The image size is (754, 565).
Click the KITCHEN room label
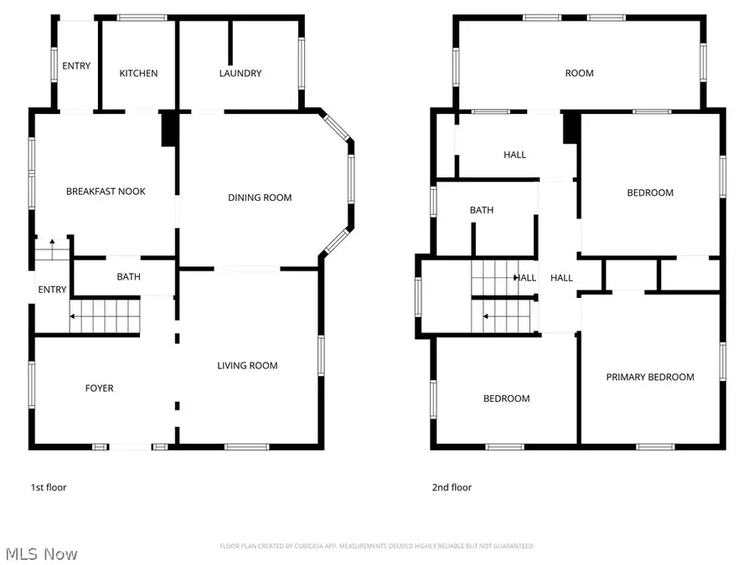click(x=138, y=74)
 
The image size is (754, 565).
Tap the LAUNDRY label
click(x=240, y=74)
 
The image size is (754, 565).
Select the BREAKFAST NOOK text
click(x=106, y=192)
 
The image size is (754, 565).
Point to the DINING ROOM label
click(x=260, y=198)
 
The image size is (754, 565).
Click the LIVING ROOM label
click(x=247, y=366)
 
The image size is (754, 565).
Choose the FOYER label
click(x=99, y=388)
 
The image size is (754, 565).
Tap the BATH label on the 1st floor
click(x=129, y=276)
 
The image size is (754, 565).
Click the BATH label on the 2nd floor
click(x=482, y=211)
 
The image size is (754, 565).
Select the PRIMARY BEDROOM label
click(x=650, y=378)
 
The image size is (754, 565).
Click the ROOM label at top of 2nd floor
click(x=579, y=74)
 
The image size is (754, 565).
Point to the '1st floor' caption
click(x=48, y=487)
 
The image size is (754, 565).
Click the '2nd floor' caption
click(x=451, y=487)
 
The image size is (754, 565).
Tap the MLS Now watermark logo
click(x=42, y=553)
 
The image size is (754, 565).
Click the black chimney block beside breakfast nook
click(x=168, y=129)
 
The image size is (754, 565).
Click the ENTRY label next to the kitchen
click(x=76, y=66)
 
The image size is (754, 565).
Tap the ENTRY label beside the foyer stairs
click(x=52, y=290)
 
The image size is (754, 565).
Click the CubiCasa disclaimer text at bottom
click(x=377, y=546)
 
